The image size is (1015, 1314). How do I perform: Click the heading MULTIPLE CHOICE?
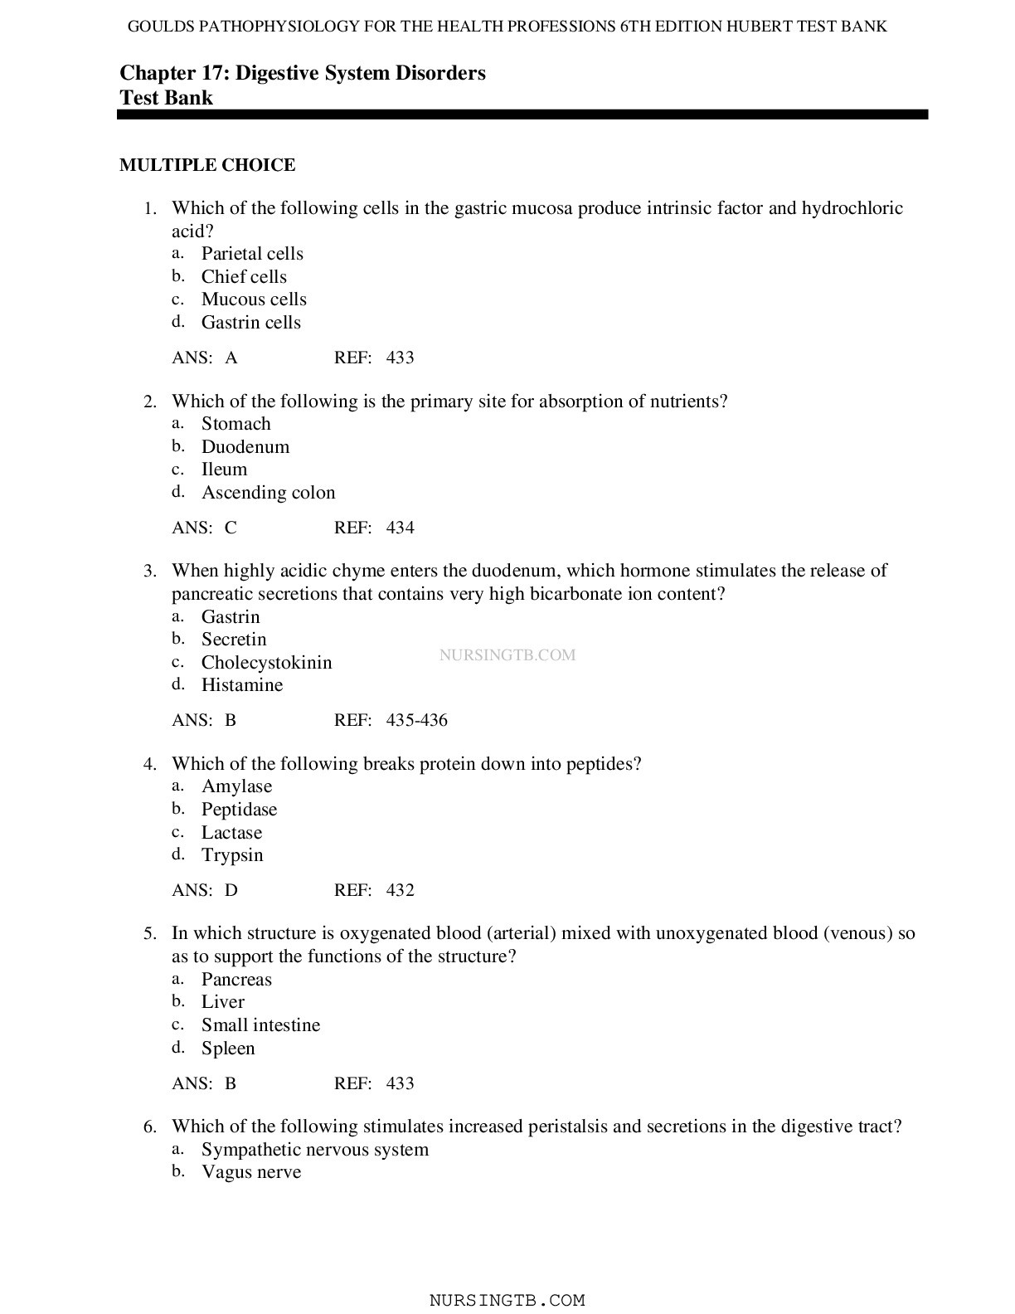click(207, 165)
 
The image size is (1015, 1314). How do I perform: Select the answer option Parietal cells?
click(252, 254)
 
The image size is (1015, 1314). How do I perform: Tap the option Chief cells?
click(244, 277)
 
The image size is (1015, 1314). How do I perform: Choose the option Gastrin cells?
click(250, 323)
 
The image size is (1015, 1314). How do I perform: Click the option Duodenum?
click(245, 447)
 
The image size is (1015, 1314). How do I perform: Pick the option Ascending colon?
click(268, 493)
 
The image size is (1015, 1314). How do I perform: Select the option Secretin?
click(234, 640)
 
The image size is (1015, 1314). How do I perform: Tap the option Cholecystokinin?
click(266, 663)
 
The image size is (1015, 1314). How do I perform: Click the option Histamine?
click(242, 685)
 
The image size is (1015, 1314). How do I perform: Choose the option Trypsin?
click(232, 855)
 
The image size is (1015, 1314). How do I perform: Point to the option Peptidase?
click(239, 810)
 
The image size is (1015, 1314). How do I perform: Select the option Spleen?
click(228, 1049)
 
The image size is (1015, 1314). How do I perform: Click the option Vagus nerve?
click(251, 1172)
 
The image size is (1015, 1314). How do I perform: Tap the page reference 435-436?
click(416, 721)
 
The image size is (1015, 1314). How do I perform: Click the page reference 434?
click(400, 528)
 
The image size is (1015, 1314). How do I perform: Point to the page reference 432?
click(400, 891)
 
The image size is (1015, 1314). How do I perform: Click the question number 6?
click(149, 1127)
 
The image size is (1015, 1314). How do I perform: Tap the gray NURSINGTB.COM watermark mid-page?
click(507, 655)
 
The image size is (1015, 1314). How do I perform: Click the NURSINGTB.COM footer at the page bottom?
click(507, 1301)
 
